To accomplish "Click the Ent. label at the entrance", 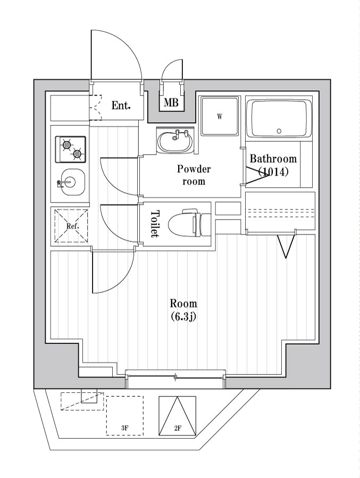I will pos(121,105).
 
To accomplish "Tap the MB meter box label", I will pos(171,103).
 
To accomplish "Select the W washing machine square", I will pos(219,117).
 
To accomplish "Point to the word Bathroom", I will pos(273,158).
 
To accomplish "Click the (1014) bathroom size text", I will pos(273,172).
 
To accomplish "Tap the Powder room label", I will pos(194,175).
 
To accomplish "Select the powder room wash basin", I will pos(175,141).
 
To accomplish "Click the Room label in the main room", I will pos(183,304).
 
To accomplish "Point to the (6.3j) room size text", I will pos(183,317).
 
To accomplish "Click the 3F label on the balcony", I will pos(125,428).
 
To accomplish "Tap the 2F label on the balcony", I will pos(178,428).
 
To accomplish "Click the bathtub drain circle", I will pos(279,131).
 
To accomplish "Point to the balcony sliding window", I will pos(175,378).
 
